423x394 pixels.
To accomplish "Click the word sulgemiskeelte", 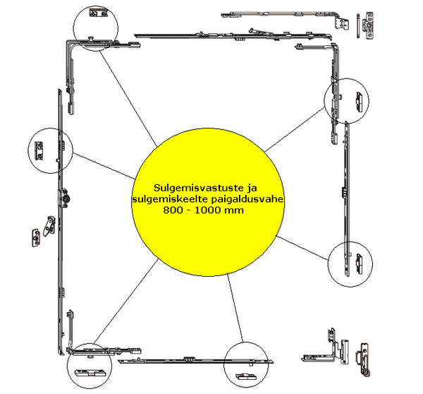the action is pyautogui.click(x=170, y=199).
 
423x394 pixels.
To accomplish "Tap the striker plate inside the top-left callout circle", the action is pyautogui.click(x=98, y=13).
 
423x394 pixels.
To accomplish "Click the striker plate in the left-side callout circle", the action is pyautogui.click(x=39, y=151).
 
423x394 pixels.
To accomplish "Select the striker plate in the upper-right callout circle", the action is pyautogui.click(x=359, y=102).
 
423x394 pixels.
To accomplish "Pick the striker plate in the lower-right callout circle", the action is pyautogui.click(x=360, y=263).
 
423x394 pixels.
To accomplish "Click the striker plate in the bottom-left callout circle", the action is pyautogui.click(x=90, y=372).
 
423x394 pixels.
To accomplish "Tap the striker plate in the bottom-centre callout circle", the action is pyautogui.click(x=246, y=376).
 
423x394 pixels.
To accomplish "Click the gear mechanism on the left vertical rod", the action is pyautogui.click(x=65, y=198).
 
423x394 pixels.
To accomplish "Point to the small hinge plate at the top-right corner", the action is pyautogui.click(x=369, y=25).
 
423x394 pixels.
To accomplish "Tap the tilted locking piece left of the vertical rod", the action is pyautogui.click(x=49, y=226).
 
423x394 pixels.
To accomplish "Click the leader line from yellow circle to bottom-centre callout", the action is pyautogui.click(x=235, y=308).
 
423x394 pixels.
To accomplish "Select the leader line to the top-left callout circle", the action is pyautogui.click(x=128, y=99).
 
